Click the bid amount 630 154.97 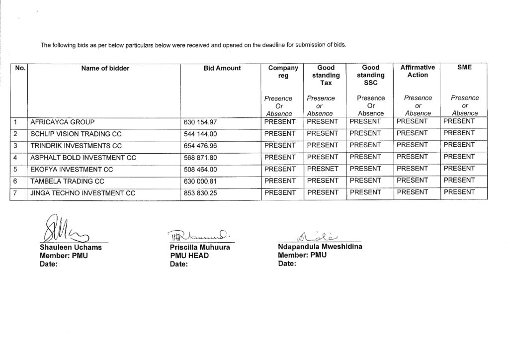[201, 122]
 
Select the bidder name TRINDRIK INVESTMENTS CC [76, 146]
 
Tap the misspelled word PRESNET [322, 169]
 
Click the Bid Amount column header [222, 68]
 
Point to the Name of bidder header [105, 68]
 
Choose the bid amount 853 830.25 [201, 193]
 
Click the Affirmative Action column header [417, 71]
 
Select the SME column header [464, 68]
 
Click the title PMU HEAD [189, 256]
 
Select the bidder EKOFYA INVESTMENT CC [72, 170]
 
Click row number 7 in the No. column [16, 193]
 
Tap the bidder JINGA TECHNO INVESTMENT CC [83, 193]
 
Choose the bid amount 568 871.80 [201, 158]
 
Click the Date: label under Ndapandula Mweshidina [287, 264]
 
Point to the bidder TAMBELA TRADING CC [67, 181]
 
